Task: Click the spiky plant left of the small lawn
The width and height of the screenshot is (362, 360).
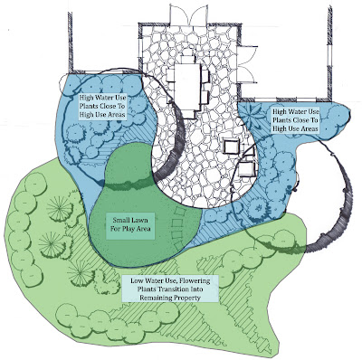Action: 59,214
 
